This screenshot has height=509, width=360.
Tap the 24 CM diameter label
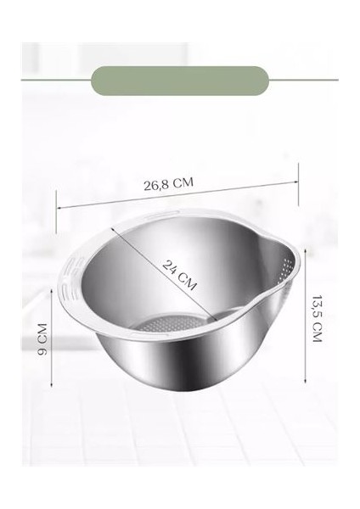[179, 275]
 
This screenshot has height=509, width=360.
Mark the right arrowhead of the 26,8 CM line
[300, 177]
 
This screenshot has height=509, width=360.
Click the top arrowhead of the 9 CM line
[56, 306]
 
